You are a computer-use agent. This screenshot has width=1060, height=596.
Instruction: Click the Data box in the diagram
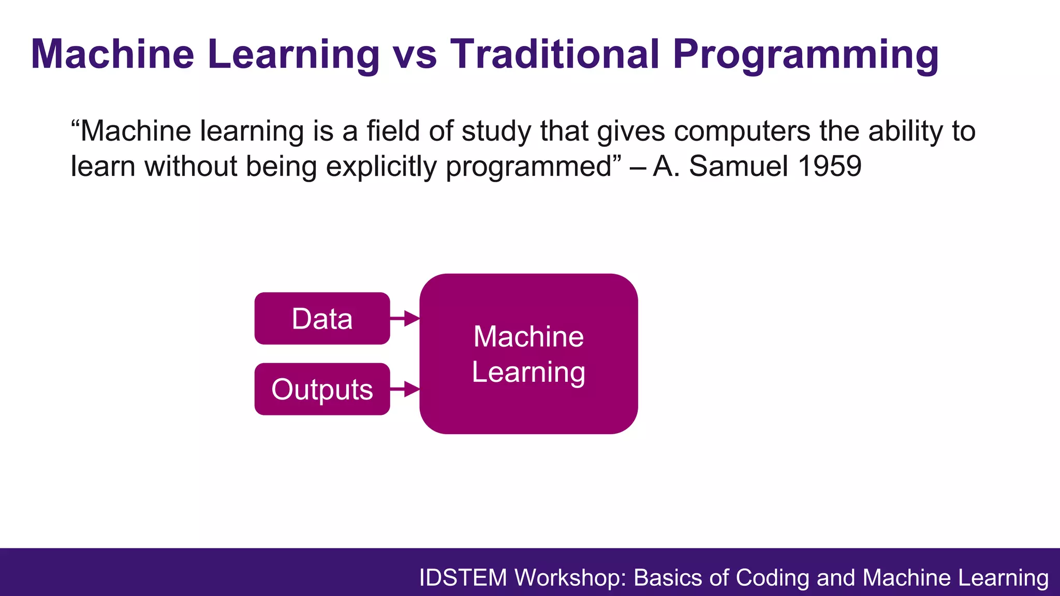click(322, 319)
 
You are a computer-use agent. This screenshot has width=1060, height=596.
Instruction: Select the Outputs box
click(322, 389)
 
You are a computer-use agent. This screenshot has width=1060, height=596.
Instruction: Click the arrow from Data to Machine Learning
click(405, 319)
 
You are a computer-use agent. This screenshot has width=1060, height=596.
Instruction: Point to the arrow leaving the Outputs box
click(405, 389)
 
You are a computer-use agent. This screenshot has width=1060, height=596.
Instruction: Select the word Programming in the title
click(805, 55)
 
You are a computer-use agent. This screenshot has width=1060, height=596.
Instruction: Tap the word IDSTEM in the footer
click(463, 578)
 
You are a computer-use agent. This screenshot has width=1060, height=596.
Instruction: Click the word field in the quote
click(393, 131)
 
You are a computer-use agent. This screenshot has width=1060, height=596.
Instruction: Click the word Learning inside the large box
click(528, 373)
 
